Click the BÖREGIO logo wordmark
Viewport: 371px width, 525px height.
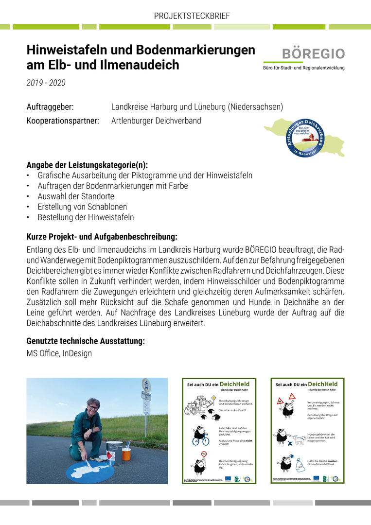coord(314,54)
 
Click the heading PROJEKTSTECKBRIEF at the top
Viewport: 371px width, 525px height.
coord(192,16)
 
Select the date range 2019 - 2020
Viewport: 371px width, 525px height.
coord(46,83)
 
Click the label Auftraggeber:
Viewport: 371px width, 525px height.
coord(50,106)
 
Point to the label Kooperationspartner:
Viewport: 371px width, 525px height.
coord(63,121)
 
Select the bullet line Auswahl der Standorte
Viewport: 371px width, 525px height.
coord(76,196)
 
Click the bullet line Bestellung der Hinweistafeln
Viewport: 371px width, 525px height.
coord(86,217)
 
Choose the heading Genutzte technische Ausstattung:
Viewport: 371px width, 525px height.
coord(86,341)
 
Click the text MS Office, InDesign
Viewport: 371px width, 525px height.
coord(59,354)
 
